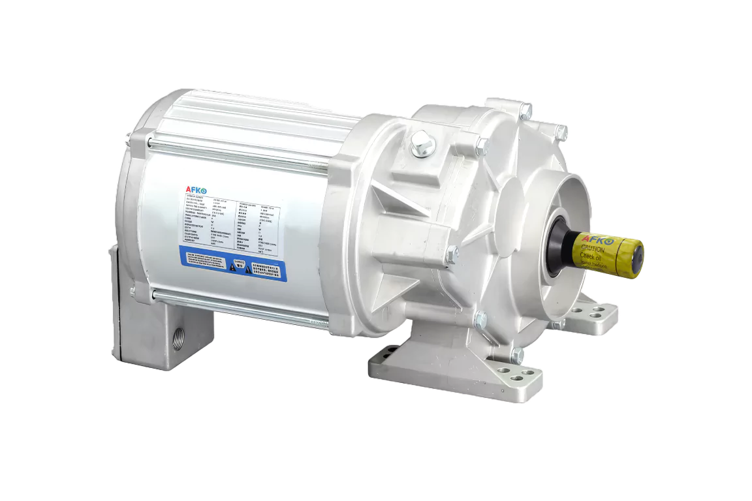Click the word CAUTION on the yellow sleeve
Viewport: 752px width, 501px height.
(591, 249)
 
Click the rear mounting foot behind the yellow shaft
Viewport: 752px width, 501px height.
(597, 317)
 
